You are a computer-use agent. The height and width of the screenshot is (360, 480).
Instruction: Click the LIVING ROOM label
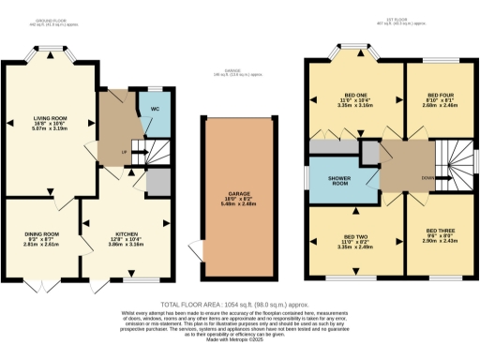pos(47,118)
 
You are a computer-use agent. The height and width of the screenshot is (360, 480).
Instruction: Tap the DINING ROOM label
pos(42,233)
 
